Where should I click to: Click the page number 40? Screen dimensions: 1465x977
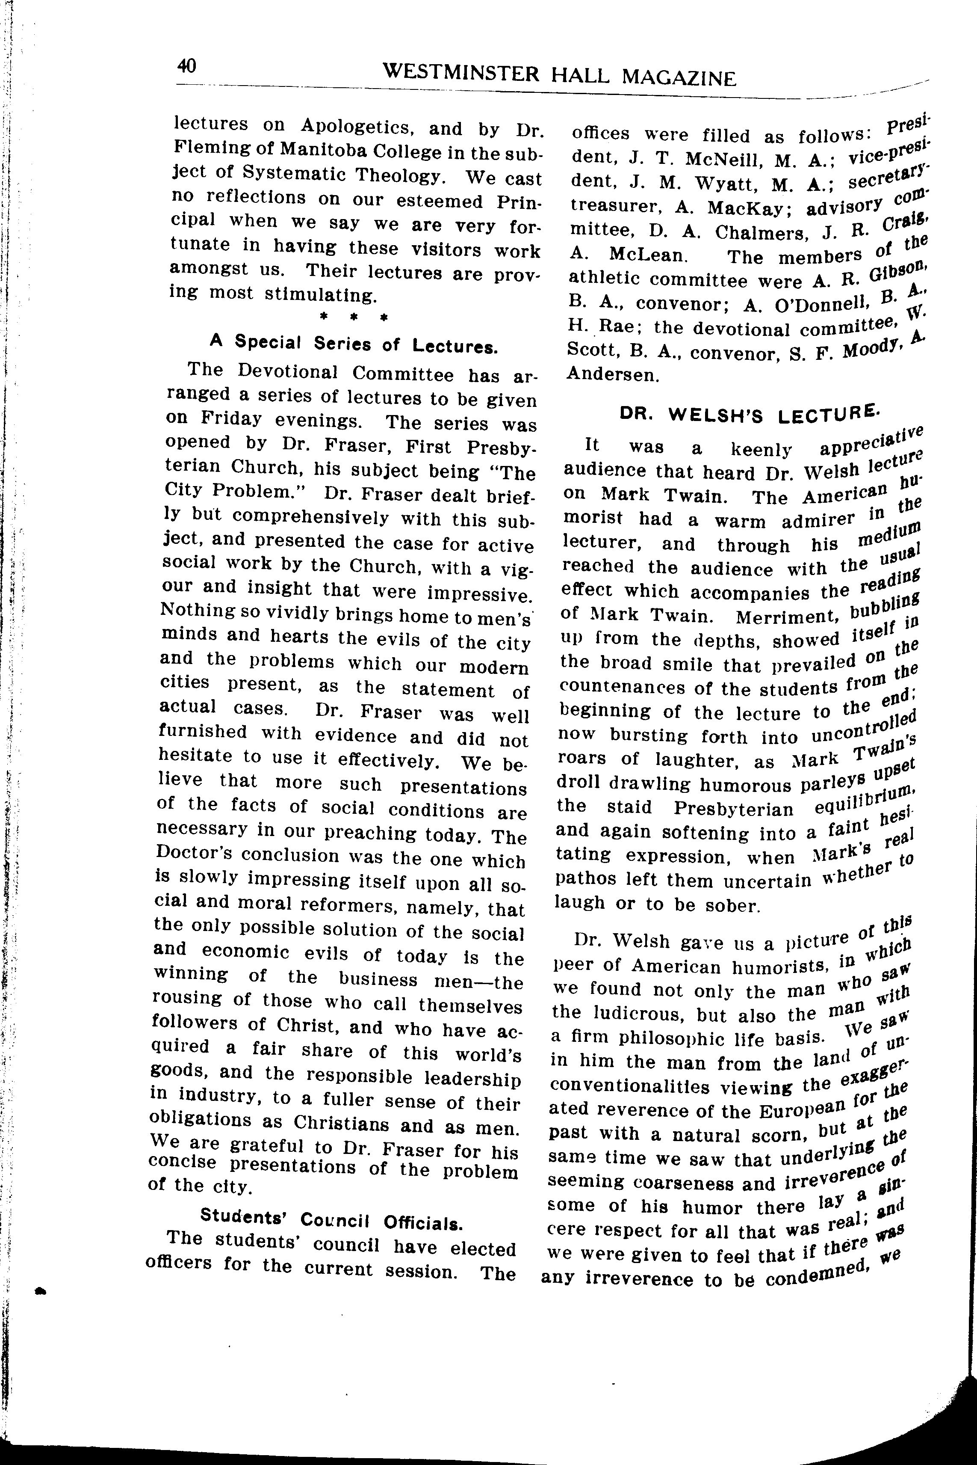click(x=186, y=65)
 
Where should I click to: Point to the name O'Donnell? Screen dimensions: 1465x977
click(x=809, y=305)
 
